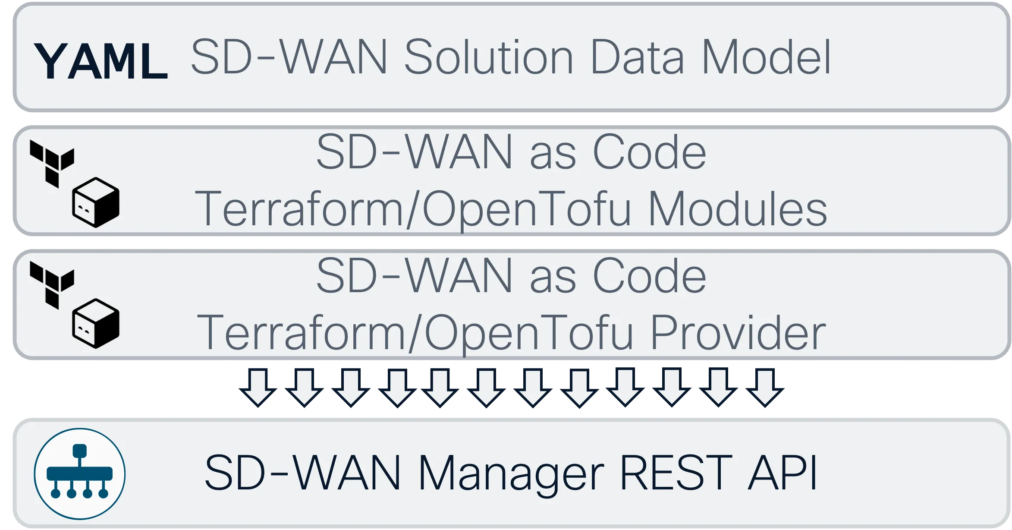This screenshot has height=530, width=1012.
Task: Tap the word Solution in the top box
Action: tap(488, 57)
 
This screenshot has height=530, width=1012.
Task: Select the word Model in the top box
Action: tap(766, 57)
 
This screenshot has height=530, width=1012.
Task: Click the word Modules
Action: tap(738, 209)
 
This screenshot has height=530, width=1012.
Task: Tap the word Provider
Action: tap(738, 333)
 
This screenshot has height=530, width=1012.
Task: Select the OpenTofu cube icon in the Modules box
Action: tap(96, 202)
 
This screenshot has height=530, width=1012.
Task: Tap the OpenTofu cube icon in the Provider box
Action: tap(96, 324)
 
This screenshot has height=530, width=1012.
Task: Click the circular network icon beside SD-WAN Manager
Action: tap(80, 474)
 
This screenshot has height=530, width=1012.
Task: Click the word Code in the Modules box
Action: tap(649, 152)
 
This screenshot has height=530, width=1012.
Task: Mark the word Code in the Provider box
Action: tap(649, 276)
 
